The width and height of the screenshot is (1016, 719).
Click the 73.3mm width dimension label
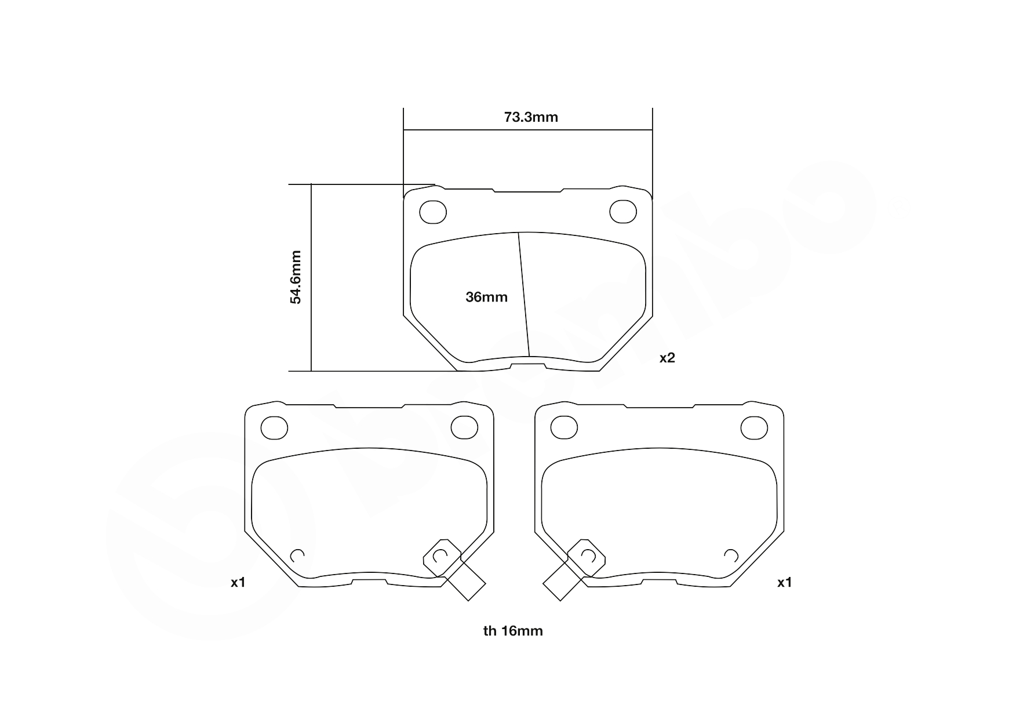click(x=531, y=117)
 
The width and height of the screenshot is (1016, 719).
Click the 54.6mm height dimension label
click(x=296, y=277)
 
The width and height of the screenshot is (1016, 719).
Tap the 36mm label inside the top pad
click(x=486, y=297)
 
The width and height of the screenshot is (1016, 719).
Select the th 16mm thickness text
click(x=513, y=631)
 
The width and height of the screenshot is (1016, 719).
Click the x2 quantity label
click(x=667, y=358)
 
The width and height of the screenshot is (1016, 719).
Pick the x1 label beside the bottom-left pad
click(x=238, y=582)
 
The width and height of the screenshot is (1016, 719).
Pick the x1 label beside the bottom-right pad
click(x=784, y=582)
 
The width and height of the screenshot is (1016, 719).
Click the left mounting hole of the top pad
click(x=433, y=212)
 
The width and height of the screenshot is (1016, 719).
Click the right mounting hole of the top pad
click(x=623, y=212)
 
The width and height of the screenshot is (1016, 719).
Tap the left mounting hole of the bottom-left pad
click(x=274, y=428)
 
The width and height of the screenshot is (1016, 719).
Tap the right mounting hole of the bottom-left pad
click(x=464, y=427)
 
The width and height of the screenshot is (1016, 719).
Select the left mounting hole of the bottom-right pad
click(x=564, y=428)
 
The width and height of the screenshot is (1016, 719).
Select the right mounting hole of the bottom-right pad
click(x=754, y=427)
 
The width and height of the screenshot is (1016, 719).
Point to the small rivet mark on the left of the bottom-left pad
click(x=297, y=555)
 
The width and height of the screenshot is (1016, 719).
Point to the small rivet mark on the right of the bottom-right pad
click(x=731, y=555)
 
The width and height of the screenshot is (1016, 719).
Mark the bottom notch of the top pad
click(x=528, y=365)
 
